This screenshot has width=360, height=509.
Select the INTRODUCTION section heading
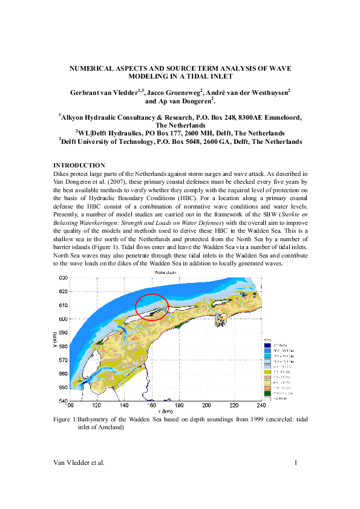79,166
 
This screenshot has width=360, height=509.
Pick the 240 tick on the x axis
261,404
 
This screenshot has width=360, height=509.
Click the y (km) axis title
55,341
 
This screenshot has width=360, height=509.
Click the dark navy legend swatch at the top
267,344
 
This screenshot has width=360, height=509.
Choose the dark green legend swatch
267,393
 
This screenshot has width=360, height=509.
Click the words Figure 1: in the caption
65,417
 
